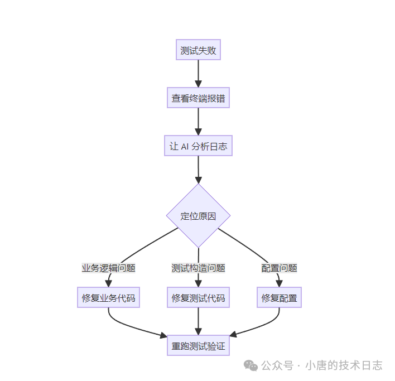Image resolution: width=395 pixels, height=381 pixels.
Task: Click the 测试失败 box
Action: tap(198, 51)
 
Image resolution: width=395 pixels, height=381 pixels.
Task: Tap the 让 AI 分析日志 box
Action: tap(198, 147)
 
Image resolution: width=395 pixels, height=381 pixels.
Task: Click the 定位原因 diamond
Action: tap(198, 216)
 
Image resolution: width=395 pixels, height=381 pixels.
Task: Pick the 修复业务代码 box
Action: tap(108, 298)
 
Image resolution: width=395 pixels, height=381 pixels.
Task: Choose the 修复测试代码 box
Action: tap(198, 298)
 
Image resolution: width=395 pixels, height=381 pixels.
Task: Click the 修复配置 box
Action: tap(279, 298)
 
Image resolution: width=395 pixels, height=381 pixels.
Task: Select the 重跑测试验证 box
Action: tap(198, 346)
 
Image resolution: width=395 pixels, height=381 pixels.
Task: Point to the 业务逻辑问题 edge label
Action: tap(108, 268)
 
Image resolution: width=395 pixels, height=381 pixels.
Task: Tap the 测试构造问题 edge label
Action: tap(198, 268)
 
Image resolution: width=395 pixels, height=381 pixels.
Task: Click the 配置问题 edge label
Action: tap(279, 268)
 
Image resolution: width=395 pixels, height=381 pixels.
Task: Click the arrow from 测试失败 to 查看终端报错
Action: tap(198, 74)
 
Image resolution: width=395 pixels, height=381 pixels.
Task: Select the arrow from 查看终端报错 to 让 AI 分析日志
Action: tap(198, 122)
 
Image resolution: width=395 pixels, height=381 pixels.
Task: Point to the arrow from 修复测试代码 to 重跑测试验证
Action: tap(198, 322)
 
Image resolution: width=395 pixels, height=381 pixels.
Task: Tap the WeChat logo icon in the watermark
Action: tap(251, 365)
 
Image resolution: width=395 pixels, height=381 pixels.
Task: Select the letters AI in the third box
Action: tap(185, 147)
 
